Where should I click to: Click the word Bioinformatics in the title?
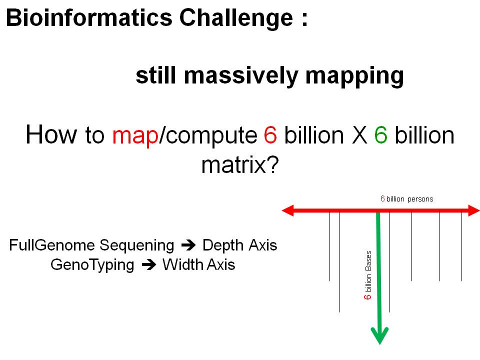pos(89,17)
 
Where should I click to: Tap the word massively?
pos(241,76)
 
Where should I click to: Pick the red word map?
pos(135,135)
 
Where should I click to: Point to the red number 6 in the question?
pos(270,134)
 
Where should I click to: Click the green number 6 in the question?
pos(380,134)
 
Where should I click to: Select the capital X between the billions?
pos(359,134)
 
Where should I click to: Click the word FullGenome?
pos(52,245)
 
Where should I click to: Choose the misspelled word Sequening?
pos(137,246)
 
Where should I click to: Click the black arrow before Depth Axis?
pos(188,245)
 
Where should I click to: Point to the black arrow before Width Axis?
pos(149,265)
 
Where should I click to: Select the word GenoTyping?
pos(92,265)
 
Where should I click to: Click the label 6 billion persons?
pos(407,199)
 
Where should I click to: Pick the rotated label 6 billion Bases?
pos(367,275)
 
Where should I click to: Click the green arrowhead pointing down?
pos(379,335)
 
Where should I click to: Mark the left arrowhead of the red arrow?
pos(288,210)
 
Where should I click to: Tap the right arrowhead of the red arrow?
pos(474,210)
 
